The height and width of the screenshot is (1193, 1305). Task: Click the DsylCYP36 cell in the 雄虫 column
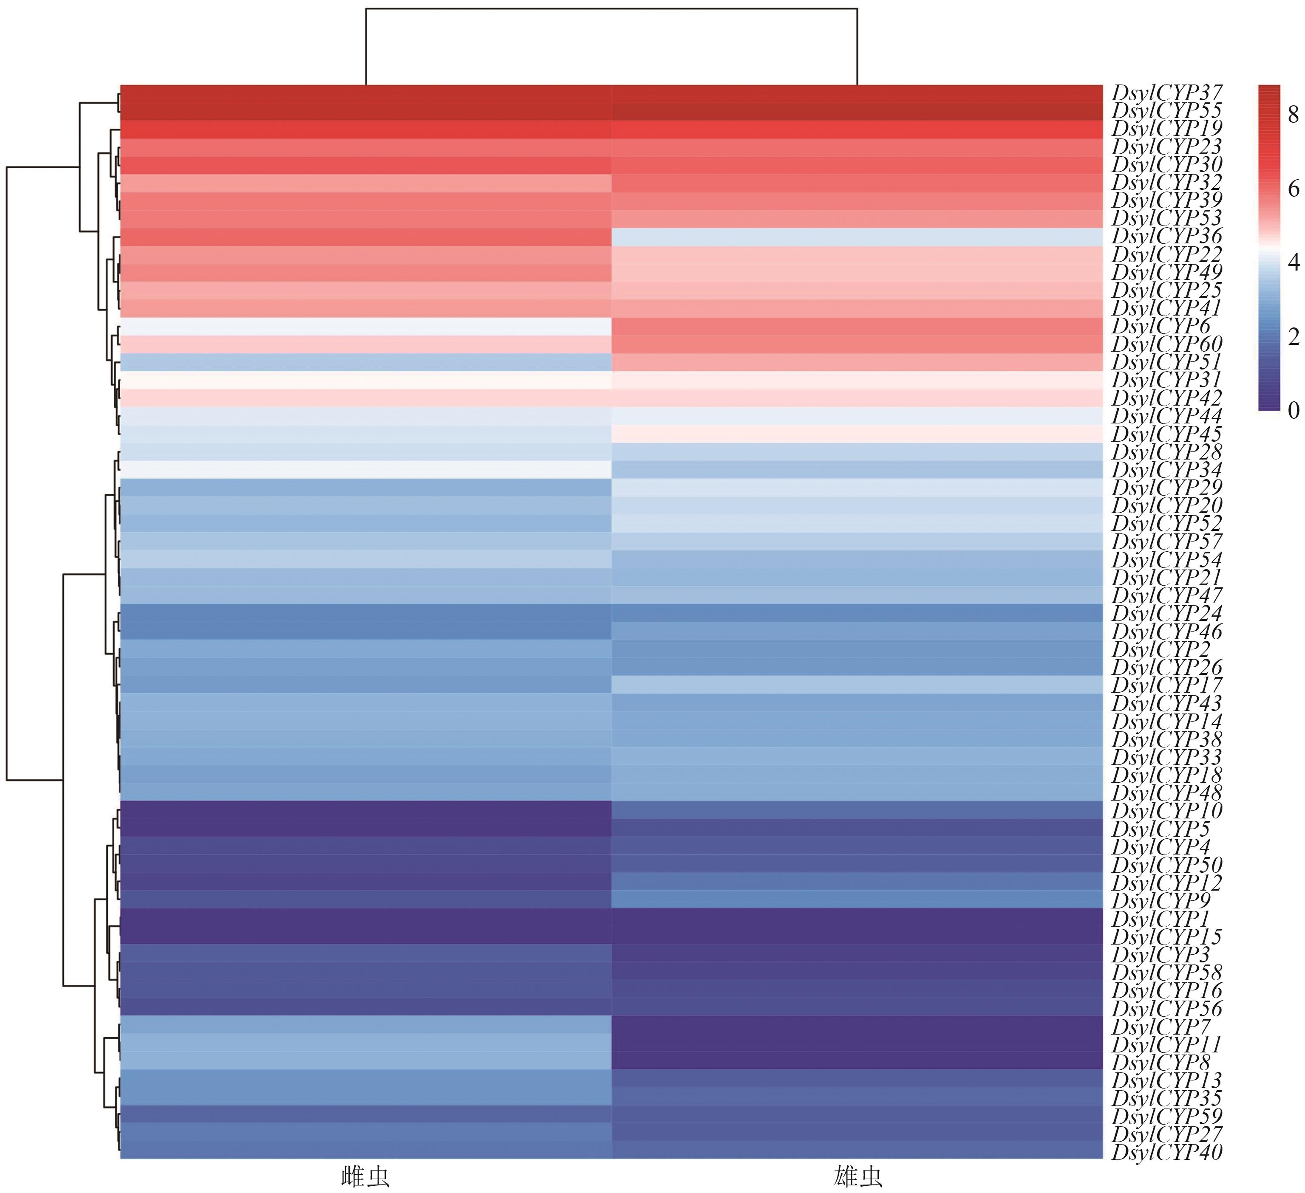(857, 237)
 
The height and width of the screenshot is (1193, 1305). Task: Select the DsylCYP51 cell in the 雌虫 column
(366, 362)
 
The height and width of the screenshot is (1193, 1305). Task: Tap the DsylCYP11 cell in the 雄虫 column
(857, 1044)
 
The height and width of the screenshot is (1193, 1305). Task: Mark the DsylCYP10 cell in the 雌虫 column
(366, 811)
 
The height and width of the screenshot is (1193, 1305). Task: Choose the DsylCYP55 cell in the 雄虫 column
(857, 111)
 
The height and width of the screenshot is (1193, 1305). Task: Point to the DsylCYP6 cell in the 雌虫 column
(366, 326)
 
